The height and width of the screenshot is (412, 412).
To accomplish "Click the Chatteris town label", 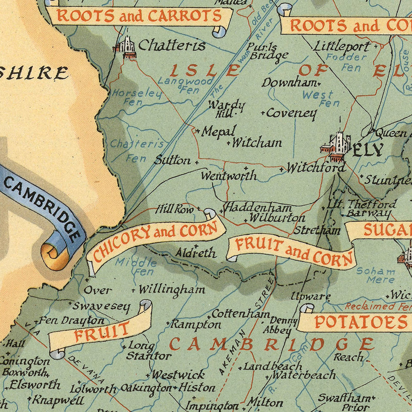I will click(172, 45).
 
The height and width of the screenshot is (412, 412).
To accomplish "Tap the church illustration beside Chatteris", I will click(126, 48).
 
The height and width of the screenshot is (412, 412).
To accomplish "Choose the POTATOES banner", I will click(355, 322).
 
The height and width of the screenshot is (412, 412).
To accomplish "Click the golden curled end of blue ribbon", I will click(54, 256).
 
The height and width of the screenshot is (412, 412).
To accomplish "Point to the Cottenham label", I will click(240, 314).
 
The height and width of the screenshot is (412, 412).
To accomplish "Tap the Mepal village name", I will click(219, 131).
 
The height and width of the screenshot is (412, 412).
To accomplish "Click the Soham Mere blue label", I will click(375, 275).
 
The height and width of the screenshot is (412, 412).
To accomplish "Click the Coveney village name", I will click(291, 113).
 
